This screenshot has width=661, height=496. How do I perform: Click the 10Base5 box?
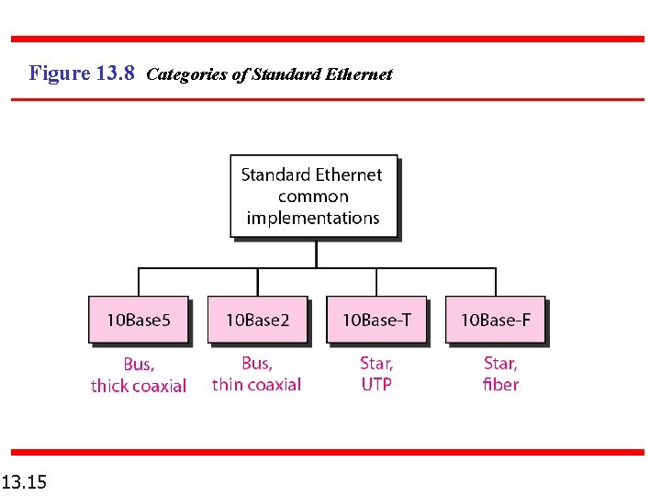[139, 320]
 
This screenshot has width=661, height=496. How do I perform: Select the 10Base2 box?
[257, 320]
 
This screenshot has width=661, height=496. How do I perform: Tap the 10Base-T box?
[376, 320]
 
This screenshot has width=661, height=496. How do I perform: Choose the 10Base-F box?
[495, 320]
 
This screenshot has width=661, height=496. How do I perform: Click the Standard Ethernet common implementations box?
[313, 196]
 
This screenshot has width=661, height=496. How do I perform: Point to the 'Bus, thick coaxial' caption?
[139, 375]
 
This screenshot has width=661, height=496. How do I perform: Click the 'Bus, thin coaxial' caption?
[257, 374]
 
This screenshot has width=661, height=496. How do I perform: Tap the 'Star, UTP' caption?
[376, 374]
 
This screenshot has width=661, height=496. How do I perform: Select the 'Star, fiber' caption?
[500, 374]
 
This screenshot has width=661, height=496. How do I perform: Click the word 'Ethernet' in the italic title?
[358, 74]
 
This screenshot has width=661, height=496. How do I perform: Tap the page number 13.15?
[25, 481]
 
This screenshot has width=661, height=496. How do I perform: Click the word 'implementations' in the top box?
[313, 219]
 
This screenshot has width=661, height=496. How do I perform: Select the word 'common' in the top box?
[313, 197]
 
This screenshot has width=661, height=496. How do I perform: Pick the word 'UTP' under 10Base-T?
[376, 384]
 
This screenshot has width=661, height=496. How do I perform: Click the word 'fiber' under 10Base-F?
[500, 384]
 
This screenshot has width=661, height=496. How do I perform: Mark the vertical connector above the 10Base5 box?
[139, 282]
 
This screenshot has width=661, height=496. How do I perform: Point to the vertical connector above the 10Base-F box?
[496, 282]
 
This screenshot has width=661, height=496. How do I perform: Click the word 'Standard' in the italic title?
[284, 74]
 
